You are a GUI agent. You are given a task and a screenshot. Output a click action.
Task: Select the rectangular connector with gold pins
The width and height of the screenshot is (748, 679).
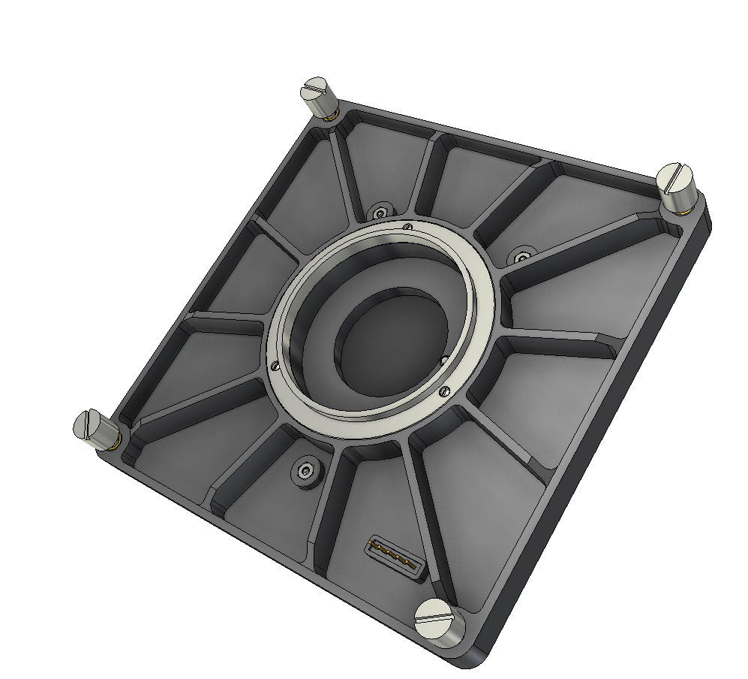pos(395,557)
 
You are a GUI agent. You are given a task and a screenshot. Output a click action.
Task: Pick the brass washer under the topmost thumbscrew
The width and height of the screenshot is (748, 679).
pos(328,116)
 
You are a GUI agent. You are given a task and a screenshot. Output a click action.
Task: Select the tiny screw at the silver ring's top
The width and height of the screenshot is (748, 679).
pos(407,226)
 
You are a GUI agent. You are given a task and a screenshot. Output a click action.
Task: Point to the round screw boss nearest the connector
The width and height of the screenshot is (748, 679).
pos(305,471)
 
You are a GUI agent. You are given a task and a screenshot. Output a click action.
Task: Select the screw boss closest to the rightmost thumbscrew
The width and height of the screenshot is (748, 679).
pos(522,257)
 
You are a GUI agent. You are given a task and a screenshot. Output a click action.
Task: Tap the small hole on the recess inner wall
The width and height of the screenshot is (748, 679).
pos(443,359)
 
